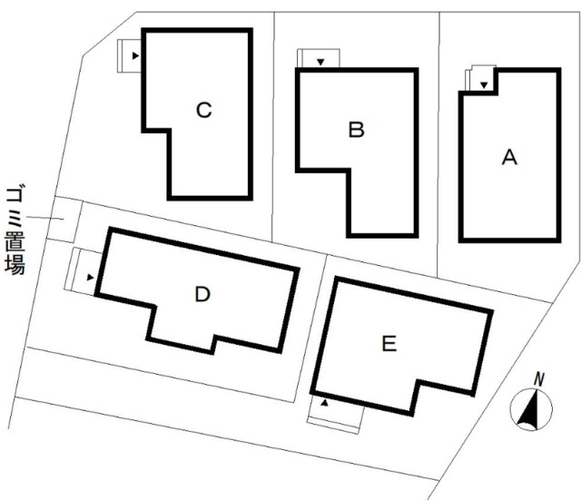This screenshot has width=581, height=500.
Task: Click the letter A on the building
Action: [x=509, y=157]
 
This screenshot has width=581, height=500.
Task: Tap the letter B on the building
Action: [x=357, y=130]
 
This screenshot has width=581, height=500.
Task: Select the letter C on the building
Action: [x=203, y=110]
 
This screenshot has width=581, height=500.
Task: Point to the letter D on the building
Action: [x=202, y=294]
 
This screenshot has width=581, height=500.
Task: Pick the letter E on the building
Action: [x=389, y=343]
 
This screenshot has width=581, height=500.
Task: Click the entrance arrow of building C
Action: [x=135, y=56]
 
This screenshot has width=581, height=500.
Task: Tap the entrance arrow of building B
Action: [x=320, y=63]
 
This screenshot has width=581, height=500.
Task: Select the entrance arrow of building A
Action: [x=484, y=84]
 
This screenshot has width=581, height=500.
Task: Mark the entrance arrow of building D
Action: [x=90, y=277]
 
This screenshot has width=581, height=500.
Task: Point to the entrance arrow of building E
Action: [x=325, y=403]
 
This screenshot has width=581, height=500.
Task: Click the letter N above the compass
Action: [x=539, y=379]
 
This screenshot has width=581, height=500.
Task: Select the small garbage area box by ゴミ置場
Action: [x=64, y=220]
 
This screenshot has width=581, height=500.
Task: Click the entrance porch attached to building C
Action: [x=129, y=55]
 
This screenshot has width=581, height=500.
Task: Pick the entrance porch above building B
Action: [x=319, y=58]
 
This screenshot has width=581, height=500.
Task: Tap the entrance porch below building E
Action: [x=335, y=414]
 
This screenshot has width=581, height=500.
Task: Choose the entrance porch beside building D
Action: [x=84, y=271]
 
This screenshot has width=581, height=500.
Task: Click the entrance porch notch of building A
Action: [x=481, y=78]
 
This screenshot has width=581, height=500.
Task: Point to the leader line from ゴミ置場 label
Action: [x=45, y=218]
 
